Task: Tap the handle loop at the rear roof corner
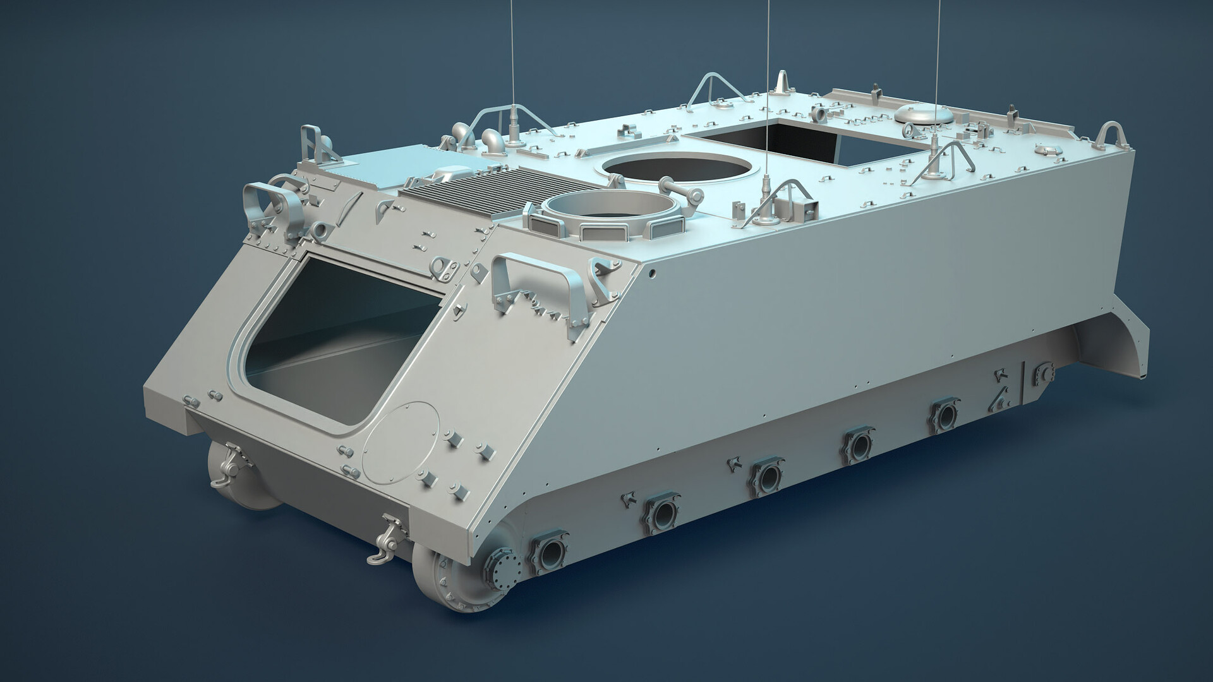click(1113, 133)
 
